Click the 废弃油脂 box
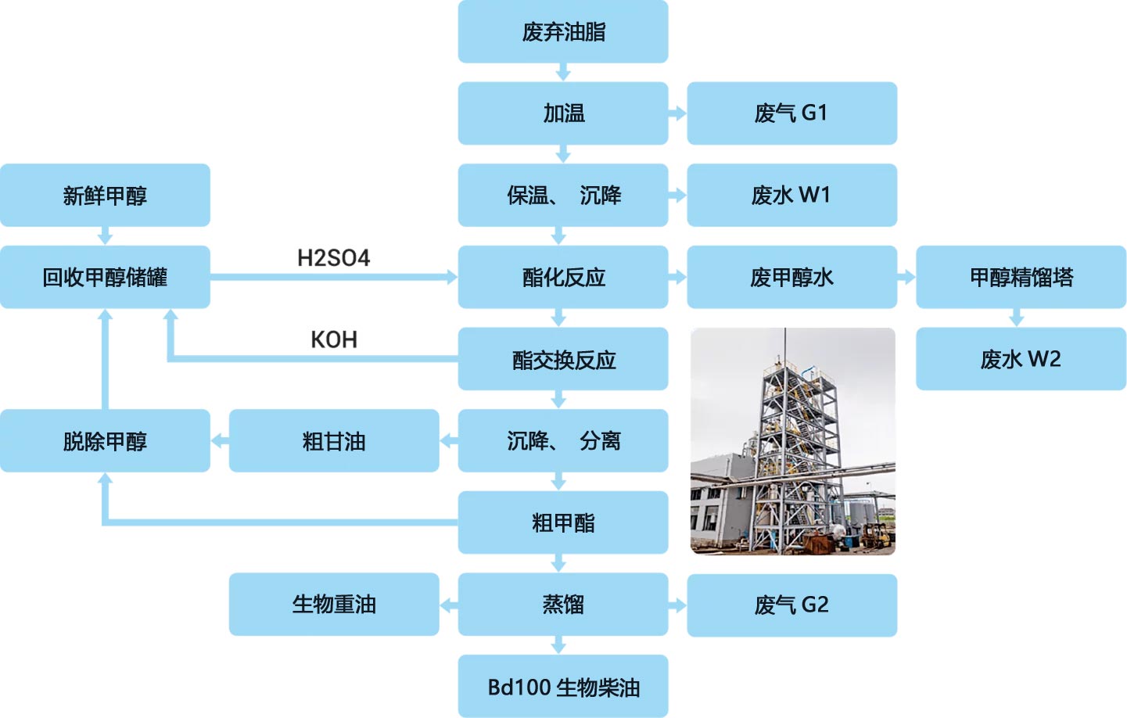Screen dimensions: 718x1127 pyautogui.click(x=562, y=32)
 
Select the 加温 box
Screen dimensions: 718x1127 pyautogui.click(x=562, y=113)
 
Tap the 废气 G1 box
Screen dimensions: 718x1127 pyautogui.click(x=791, y=113)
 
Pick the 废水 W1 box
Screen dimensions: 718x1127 pyautogui.click(x=791, y=196)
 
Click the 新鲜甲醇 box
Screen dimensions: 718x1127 pyautogui.click(x=105, y=196)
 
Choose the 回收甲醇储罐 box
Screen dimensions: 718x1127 pyautogui.click(x=105, y=277)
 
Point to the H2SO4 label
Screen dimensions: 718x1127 pyautogui.click(x=333, y=258)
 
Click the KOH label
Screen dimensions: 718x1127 pyautogui.click(x=334, y=339)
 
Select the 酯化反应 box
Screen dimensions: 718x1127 pyautogui.click(x=562, y=277)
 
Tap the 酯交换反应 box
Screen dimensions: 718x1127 pyautogui.click(x=562, y=359)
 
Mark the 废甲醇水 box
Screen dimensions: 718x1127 pyautogui.click(x=791, y=277)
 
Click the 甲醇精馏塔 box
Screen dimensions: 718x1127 pyautogui.click(x=1021, y=277)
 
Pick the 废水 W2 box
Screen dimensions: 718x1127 pyautogui.click(x=1021, y=359)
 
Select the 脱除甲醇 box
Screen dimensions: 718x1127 pyautogui.click(x=105, y=441)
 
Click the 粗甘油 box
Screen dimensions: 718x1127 pyautogui.click(x=334, y=441)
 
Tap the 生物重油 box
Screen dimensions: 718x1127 pyautogui.click(x=334, y=605)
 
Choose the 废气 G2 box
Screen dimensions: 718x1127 pyautogui.click(x=791, y=605)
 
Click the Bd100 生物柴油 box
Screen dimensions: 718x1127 pyautogui.click(x=562, y=687)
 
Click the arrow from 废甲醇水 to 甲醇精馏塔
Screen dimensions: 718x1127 pyautogui.click(x=906, y=277)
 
